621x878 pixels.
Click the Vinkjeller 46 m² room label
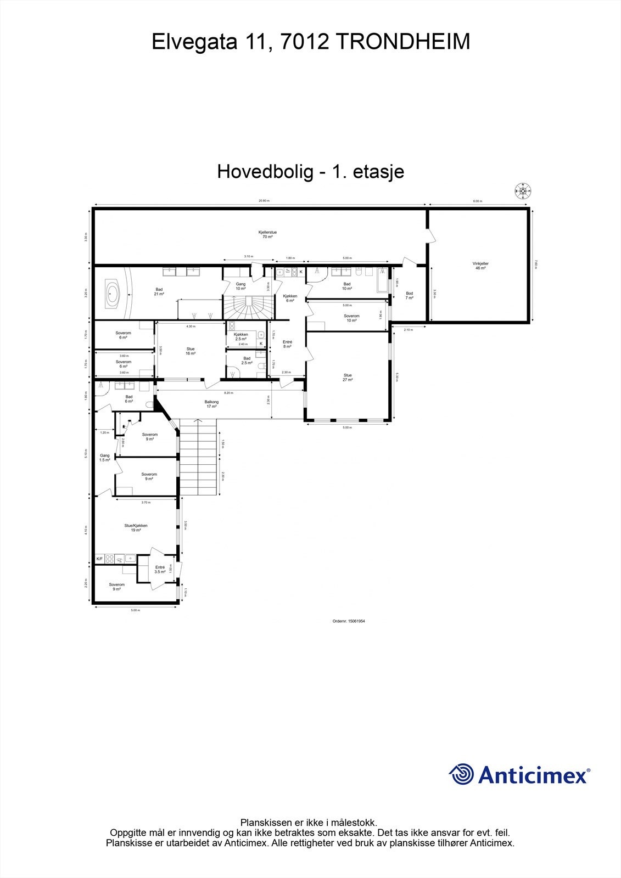[480, 266]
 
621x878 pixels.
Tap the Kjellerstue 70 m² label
[267, 234]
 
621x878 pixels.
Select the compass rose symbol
[523, 191]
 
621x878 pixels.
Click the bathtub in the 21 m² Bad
[113, 294]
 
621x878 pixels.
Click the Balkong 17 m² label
[212, 404]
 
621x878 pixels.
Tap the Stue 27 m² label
[348, 378]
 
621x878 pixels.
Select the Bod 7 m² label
[409, 295]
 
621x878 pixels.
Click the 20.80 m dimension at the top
[264, 201]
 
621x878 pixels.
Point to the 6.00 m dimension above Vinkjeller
[477, 201]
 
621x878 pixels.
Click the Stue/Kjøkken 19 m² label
[136, 527]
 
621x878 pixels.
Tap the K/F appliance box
[99, 559]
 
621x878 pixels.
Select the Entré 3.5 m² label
[160, 569]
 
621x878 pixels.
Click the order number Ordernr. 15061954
[349, 621]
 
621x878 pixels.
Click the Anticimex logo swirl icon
[461, 774]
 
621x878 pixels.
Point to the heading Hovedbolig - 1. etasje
[311, 171]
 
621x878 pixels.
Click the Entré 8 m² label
[288, 344]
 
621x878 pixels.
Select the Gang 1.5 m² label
[104, 458]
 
